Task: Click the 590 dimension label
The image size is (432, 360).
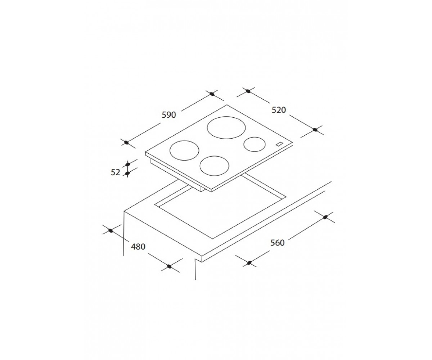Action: pyautogui.click(x=169, y=115)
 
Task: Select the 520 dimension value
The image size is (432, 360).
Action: pyautogui.click(x=279, y=110)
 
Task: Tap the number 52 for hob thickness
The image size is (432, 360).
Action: pyautogui.click(x=116, y=172)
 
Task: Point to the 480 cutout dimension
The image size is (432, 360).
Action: pyautogui.click(x=138, y=247)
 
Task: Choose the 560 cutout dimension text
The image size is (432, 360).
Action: pyautogui.click(x=278, y=243)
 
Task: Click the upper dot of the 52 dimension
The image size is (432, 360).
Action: pyautogui.click(x=128, y=165)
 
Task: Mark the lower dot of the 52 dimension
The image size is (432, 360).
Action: pyautogui.click(x=128, y=173)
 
